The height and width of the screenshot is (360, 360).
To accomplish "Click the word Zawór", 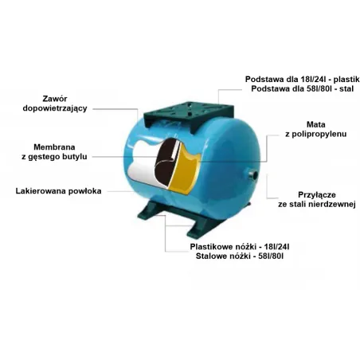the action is coord(55,99).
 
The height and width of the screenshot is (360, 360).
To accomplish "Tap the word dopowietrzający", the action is coord(55,108).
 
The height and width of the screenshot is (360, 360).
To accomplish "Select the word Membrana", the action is coord(54,147).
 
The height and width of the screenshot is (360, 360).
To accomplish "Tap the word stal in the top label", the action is coord(346,88).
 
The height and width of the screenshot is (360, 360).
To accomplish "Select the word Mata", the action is coord(316,124).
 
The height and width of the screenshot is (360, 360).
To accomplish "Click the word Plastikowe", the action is coord(212,247).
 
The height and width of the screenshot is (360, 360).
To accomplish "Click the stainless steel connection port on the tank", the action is coord(252,174).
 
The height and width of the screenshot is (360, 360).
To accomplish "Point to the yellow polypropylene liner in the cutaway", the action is coord(186,170).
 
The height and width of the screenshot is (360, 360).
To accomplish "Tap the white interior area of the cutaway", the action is coord(142,162).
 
